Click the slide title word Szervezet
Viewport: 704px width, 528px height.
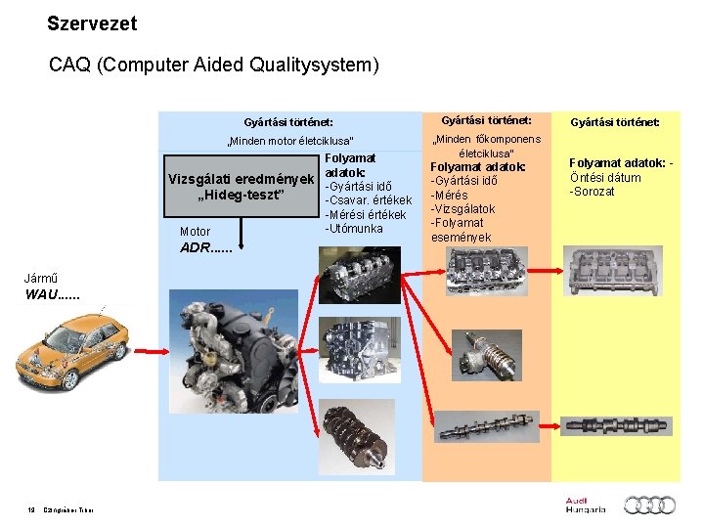(x=92, y=22)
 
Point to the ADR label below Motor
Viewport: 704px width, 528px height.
(x=206, y=247)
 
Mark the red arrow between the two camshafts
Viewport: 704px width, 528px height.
(x=552, y=426)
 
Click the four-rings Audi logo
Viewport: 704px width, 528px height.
(x=650, y=505)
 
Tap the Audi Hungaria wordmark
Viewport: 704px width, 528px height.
(x=585, y=505)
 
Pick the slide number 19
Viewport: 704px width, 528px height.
(x=31, y=508)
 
